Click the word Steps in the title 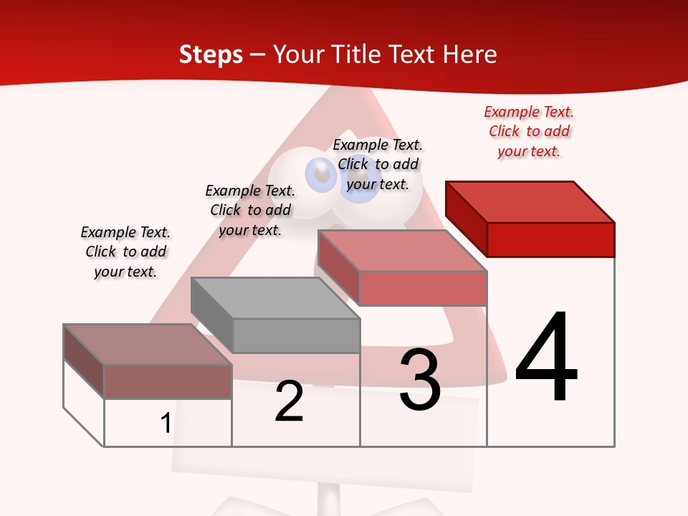(x=211, y=54)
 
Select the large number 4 (x=546, y=358)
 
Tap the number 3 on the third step (x=420, y=380)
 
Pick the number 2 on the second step (x=290, y=401)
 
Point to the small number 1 (x=166, y=424)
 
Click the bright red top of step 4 (x=530, y=201)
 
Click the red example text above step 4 (x=529, y=132)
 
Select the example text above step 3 (x=378, y=164)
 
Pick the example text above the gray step (x=250, y=210)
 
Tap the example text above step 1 (x=125, y=252)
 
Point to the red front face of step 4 (x=550, y=239)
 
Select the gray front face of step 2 (x=296, y=335)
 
